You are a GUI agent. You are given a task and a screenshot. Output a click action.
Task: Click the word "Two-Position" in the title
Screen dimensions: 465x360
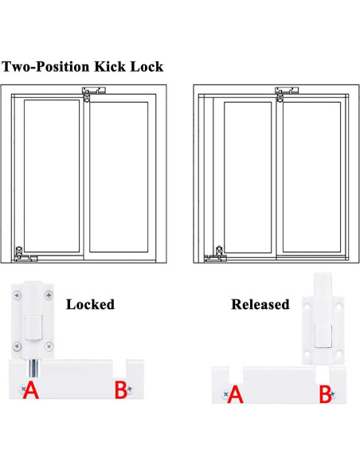coord(47,66)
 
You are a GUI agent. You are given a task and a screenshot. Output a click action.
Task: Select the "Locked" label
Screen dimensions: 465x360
coord(90,304)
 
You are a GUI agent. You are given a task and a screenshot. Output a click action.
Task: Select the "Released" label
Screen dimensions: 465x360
coord(260,304)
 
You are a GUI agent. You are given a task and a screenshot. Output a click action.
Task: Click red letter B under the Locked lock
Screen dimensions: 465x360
coord(120,390)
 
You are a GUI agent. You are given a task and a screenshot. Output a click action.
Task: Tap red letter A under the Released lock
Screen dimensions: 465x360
coord(235,393)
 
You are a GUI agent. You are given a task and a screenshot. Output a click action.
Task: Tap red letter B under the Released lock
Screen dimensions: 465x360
coord(325,393)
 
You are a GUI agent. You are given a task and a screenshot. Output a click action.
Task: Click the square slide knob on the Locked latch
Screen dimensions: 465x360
coord(33,326)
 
